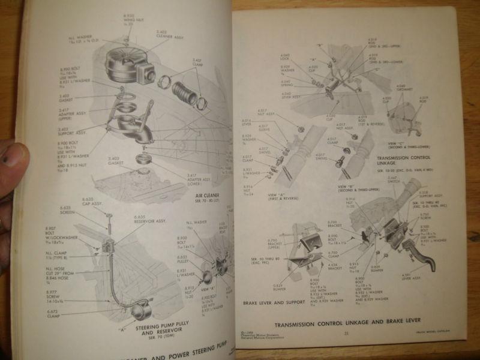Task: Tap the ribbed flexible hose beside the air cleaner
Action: click(x=185, y=93)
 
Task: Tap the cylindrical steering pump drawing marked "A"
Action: click(x=143, y=310)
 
